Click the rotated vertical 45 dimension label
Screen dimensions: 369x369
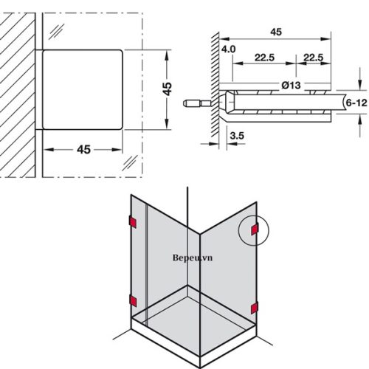(x=168, y=89)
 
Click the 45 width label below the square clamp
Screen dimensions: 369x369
(x=83, y=149)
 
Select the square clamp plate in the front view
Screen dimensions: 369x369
(x=82, y=89)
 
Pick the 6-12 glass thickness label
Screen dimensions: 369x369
(x=356, y=106)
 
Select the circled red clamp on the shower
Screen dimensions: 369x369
(x=253, y=232)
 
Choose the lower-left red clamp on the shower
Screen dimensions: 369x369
(x=132, y=300)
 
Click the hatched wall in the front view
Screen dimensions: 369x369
(x=18, y=89)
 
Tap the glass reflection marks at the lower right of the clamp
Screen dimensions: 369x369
(x=131, y=162)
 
